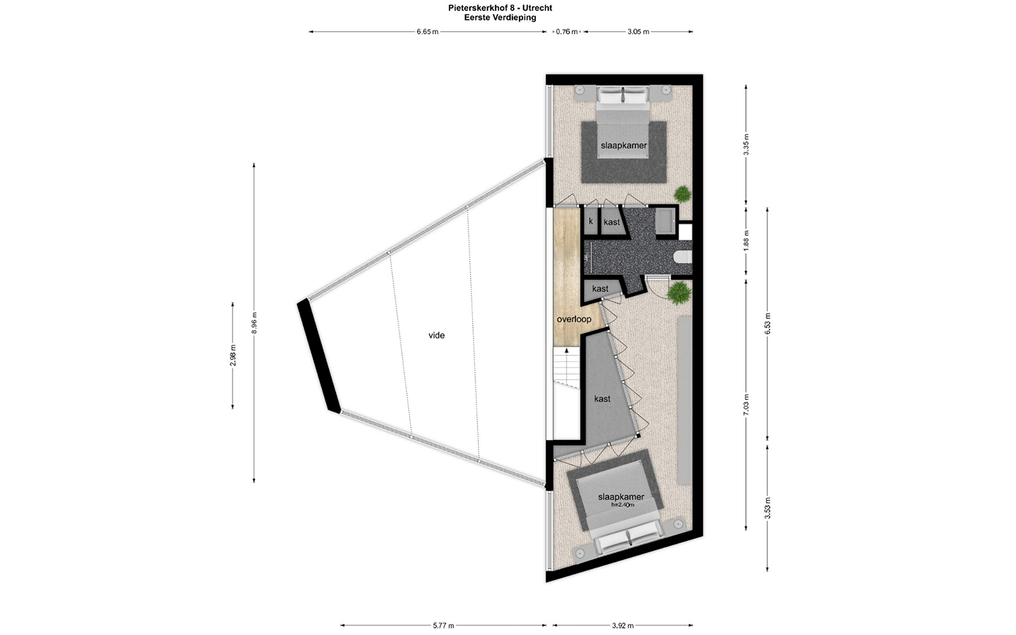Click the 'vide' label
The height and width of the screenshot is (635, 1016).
click(x=436, y=336)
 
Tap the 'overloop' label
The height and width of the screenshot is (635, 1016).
click(x=574, y=319)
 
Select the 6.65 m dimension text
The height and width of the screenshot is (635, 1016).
click(x=427, y=32)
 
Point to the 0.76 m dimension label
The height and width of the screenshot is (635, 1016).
click(x=566, y=32)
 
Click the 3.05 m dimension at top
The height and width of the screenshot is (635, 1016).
click(x=638, y=32)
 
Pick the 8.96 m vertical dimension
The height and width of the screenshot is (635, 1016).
click(x=254, y=323)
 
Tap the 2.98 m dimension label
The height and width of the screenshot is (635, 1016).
click(x=232, y=355)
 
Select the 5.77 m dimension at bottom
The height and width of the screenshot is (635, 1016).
click(x=443, y=626)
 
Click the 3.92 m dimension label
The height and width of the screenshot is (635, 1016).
click(x=622, y=626)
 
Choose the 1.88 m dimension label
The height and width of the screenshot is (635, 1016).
click(x=746, y=241)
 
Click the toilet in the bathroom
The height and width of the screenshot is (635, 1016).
click(x=683, y=258)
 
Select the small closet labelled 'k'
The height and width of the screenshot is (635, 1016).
click(x=591, y=222)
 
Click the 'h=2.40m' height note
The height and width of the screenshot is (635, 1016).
click(x=622, y=504)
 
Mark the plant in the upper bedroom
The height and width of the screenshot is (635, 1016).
click(x=682, y=194)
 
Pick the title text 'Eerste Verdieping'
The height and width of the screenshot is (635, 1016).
click(x=500, y=18)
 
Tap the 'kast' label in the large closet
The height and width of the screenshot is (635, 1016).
click(x=603, y=399)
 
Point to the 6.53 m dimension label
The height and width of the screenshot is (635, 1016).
click(x=768, y=323)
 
